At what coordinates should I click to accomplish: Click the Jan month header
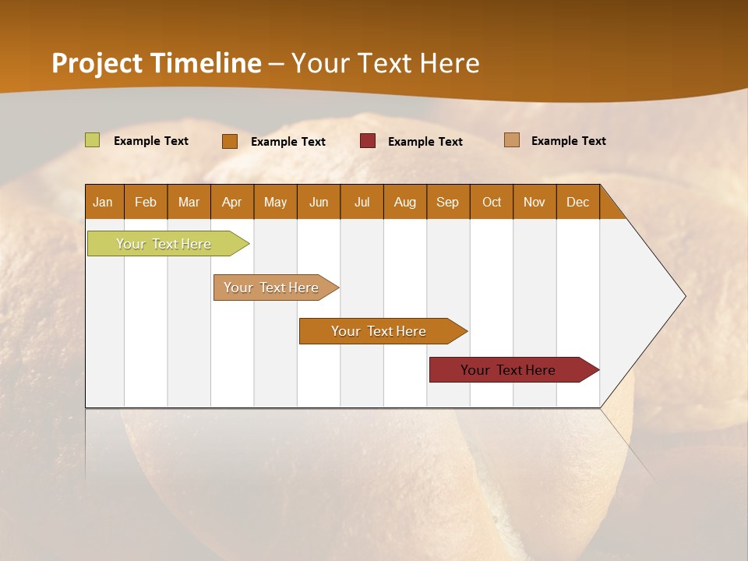[x=103, y=202]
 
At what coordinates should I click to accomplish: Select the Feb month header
[x=146, y=202]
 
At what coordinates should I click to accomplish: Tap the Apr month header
[x=231, y=202]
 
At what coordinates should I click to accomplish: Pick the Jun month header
[x=319, y=202]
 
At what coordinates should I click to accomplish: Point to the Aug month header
[x=404, y=202]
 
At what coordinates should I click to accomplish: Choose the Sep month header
[x=447, y=202]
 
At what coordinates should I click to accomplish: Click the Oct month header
[x=492, y=202]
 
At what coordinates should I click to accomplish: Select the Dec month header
[x=577, y=202]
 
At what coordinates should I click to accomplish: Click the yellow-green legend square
[x=93, y=140]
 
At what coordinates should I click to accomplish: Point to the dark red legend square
[x=368, y=141]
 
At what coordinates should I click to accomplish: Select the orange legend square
[x=230, y=141]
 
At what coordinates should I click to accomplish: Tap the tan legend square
[x=512, y=140]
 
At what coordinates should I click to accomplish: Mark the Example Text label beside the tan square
[x=568, y=141]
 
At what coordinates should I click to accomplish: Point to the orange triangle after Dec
[x=610, y=207]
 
